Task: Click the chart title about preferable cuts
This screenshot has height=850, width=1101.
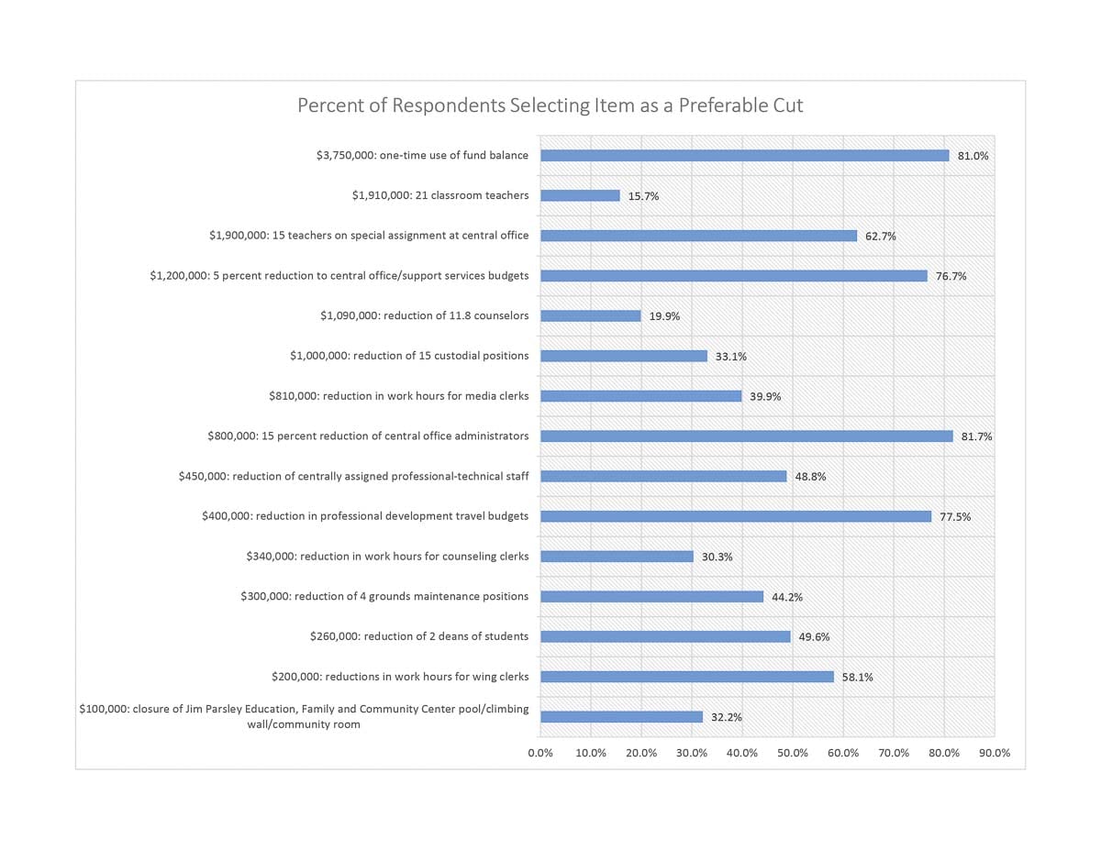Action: [550, 105]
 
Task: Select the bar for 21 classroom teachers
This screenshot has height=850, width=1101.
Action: [580, 195]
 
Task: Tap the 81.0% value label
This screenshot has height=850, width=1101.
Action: [973, 156]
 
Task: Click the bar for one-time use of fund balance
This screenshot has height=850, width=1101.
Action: [744, 155]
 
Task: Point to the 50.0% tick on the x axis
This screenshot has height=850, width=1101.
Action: [793, 753]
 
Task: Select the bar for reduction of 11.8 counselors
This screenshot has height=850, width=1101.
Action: [590, 315]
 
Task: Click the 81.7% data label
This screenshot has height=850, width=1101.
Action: [976, 436]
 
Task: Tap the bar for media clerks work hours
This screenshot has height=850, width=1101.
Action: [640, 396]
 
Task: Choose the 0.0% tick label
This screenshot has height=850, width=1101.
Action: [540, 753]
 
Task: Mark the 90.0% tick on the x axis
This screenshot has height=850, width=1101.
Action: [995, 753]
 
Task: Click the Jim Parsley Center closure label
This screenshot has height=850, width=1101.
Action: [304, 716]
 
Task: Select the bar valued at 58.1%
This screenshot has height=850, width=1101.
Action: [686, 677]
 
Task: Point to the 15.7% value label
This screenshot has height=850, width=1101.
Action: [643, 196]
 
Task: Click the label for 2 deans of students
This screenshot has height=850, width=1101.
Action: [419, 636]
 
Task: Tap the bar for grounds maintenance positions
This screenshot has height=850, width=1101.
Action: [651, 596]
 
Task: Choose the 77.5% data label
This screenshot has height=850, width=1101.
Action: [955, 517]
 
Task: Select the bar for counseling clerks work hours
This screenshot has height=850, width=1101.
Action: [617, 556]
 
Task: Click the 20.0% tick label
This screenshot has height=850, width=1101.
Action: [641, 753]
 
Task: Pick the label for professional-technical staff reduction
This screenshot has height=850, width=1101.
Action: [353, 476]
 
